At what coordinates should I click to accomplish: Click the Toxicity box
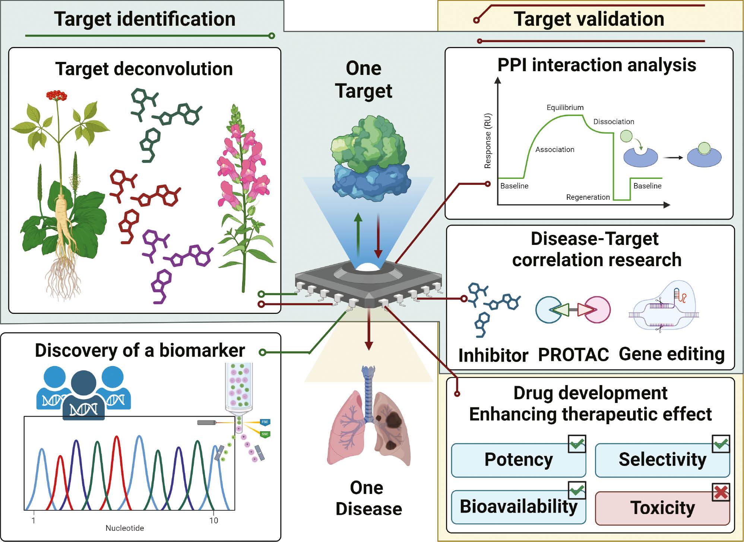pos(662,508)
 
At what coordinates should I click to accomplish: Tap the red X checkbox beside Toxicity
pos(721,492)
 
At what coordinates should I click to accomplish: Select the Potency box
pos(518,460)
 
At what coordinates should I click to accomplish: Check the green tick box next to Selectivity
pos(721,444)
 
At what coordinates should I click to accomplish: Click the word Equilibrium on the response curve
pos(565,108)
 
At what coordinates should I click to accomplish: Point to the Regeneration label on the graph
pos(588,197)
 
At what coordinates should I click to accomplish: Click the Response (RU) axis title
pos(488,141)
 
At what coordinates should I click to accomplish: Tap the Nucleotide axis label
pos(124,528)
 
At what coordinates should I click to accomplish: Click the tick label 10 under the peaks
pos(213,521)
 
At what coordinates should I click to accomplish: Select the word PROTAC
pos(573,354)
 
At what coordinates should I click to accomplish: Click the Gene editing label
pos(671,354)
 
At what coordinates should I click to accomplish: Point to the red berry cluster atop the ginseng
pos(57,95)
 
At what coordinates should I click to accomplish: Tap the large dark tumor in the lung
pos(393,419)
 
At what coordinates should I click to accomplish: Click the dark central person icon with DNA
pos(83,395)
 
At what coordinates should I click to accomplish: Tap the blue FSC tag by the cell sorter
pos(265,422)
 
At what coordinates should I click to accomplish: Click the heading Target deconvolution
pos(144,69)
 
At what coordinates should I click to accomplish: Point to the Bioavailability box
pos(518,507)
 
